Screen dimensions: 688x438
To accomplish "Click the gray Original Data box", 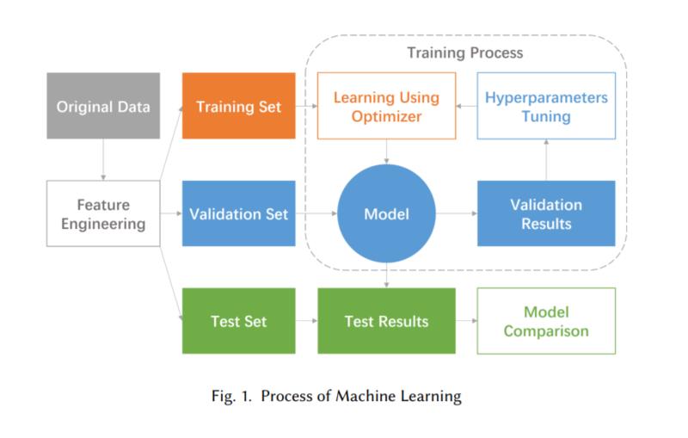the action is coord(103,106).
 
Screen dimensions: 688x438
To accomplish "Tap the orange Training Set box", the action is coord(239,106).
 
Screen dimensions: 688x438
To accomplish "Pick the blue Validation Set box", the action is coord(239,213).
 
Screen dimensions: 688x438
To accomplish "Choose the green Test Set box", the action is coord(239,321).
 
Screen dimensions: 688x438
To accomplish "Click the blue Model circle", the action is coord(386,213).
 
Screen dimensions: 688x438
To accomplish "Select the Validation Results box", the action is coord(546,213).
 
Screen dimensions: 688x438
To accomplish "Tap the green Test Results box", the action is coord(386,321).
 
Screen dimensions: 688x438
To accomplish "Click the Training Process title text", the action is coord(465,53).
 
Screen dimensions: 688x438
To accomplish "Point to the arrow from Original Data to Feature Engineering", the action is coord(103,160).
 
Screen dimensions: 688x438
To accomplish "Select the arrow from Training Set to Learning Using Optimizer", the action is coord(306,106).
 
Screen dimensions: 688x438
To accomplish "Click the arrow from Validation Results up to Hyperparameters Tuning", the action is coord(546,160).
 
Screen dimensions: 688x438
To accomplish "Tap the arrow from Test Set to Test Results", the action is coord(306,321).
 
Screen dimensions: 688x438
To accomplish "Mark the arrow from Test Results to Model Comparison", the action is coord(466,321).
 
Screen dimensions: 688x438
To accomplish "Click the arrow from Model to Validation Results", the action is coord(457,213).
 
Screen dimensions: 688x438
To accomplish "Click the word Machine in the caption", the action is coord(365,396).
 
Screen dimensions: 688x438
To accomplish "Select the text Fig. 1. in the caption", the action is coord(231,397).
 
